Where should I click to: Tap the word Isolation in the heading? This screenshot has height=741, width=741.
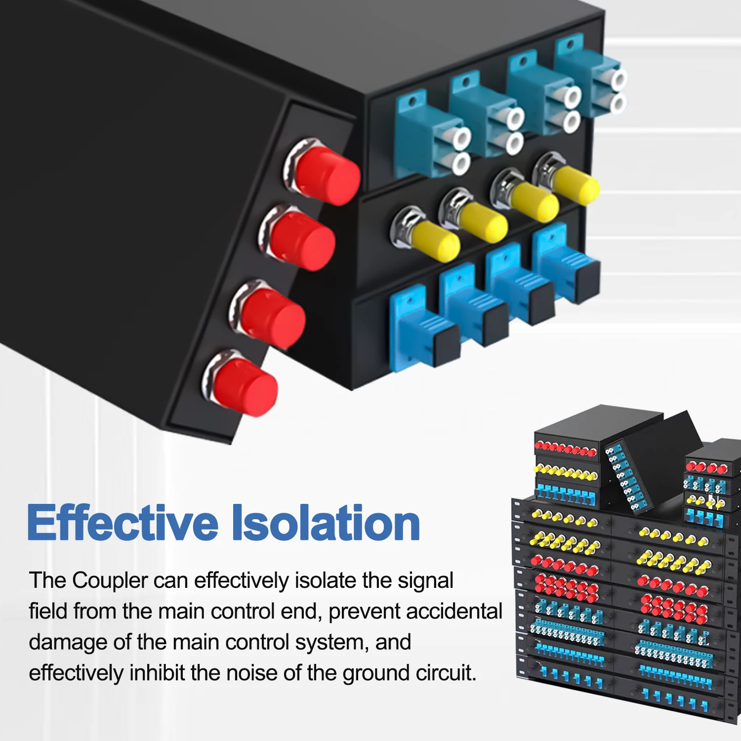click(x=326, y=523)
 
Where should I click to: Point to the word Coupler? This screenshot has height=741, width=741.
click(x=110, y=581)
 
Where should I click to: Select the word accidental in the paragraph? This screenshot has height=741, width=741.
click(x=454, y=612)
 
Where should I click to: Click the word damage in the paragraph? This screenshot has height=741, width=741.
click(x=67, y=643)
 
